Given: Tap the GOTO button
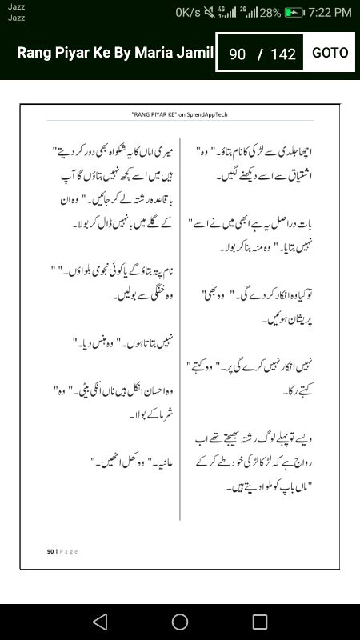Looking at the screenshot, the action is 330,53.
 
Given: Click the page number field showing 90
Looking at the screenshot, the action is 237,54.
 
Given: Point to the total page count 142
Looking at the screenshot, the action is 283,54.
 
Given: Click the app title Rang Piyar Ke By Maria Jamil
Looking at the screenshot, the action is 115,53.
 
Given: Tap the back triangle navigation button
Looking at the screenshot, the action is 99,622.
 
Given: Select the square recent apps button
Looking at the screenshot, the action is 260,622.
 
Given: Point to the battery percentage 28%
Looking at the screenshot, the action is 270,12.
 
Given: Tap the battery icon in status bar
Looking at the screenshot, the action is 294,12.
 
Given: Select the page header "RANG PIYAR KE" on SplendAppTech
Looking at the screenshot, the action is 179,114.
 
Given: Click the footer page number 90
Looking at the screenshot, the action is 50,551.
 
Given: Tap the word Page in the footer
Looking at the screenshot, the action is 68,551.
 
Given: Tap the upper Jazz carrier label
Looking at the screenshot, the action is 16,6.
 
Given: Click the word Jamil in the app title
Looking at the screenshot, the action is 195,53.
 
